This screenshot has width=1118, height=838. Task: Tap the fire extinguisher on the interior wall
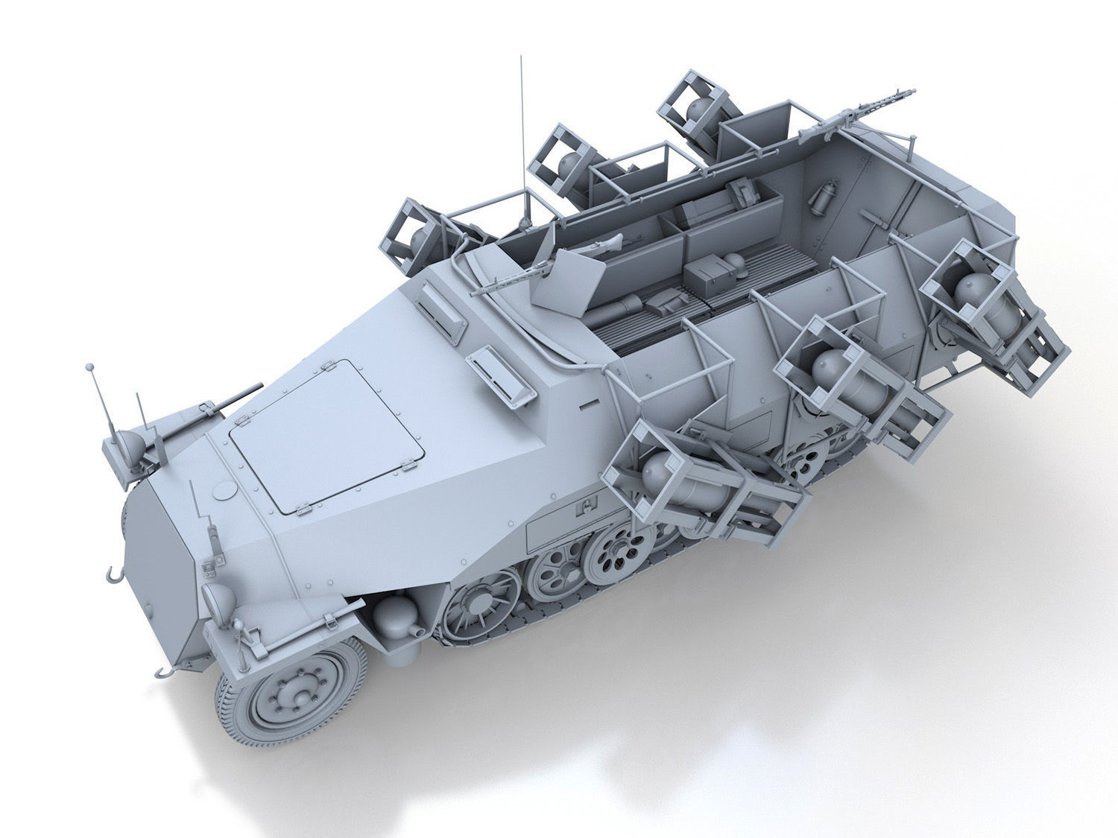click(821, 197)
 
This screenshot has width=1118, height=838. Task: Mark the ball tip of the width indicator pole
click(90, 367)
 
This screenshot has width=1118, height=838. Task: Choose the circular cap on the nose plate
click(223, 492)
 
